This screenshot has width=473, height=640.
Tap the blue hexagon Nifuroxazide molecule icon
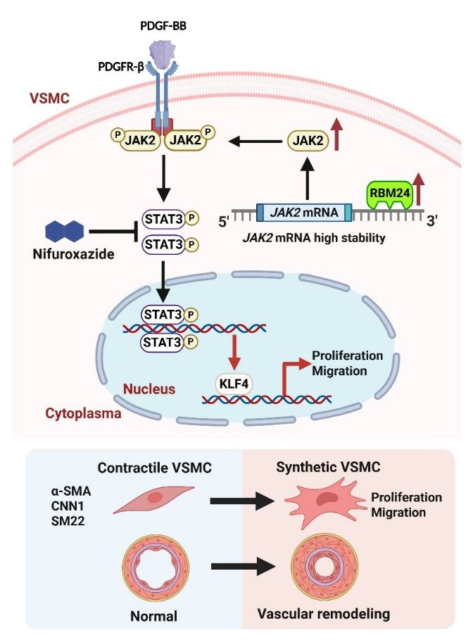pos(64,231)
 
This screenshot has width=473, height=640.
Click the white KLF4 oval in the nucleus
pos(232,386)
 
